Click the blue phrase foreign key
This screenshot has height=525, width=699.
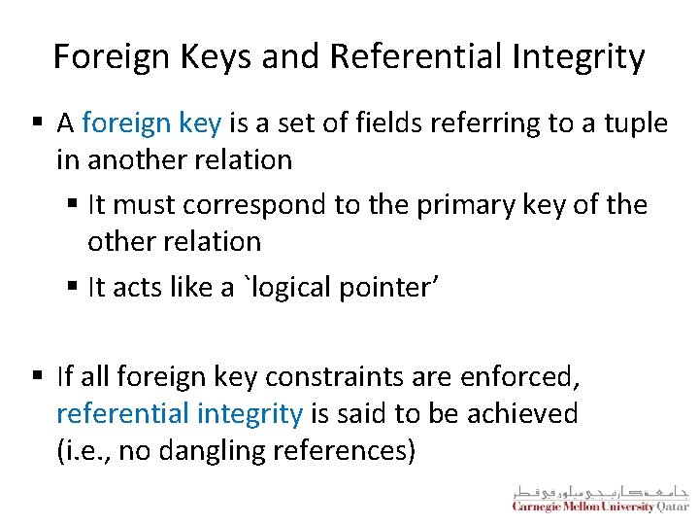click(152, 123)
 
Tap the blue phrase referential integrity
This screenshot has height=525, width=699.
click(180, 413)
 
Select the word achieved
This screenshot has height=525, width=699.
click(523, 413)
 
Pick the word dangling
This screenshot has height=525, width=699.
click(201, 450)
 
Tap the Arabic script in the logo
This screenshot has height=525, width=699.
click(600, 490)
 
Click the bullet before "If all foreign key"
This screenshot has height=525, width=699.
click(37, 376)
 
